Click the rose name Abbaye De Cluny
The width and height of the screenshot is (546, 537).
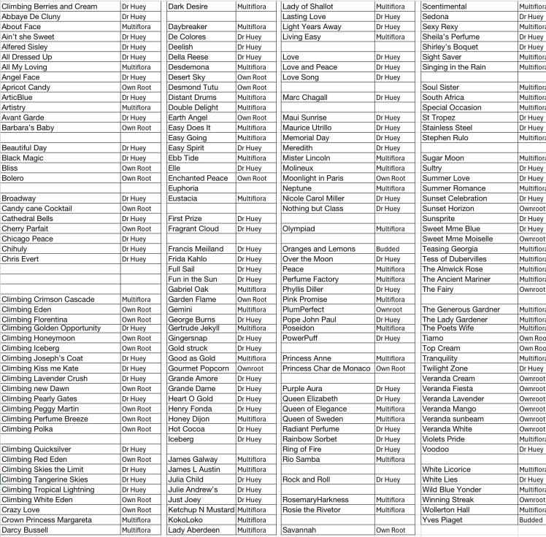[x=31, y=17]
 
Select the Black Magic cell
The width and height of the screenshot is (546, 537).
[x=23, y=158]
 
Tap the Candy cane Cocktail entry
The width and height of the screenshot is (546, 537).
[x=36, y=209]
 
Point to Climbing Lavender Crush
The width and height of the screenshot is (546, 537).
[x=45, y=379]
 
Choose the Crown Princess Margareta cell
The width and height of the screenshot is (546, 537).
[x=47, y=520]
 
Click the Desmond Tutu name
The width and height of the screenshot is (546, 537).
[x=193, y=88]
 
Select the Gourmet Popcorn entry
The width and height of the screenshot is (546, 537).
[x=199, y=369]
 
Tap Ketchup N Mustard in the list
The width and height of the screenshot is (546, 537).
[x=201, y=510]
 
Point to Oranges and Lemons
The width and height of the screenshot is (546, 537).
[x=319, y=250]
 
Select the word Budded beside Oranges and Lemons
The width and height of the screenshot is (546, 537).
[x=388, y=250]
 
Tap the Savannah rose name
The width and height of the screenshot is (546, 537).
[x=299, y=530]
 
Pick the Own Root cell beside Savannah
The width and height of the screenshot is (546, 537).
[x=391, y=530]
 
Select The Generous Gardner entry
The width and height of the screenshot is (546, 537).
[x=461, y=309]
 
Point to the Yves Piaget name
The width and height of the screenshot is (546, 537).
[x=442, y=520]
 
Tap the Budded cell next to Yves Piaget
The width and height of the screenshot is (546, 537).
[x=531, y=520]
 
